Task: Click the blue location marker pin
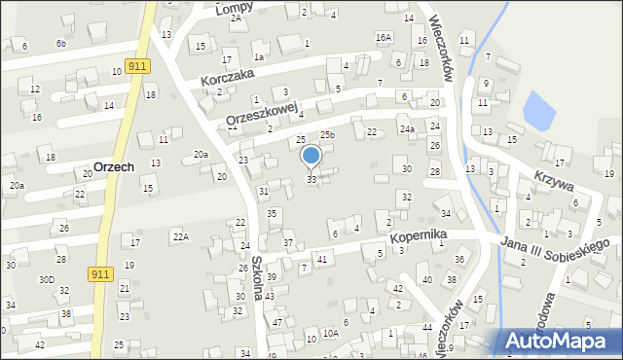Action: pos(311,156)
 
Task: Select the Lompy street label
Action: pos(236,8)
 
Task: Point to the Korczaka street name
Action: pos(227,76)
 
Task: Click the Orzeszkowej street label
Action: pos(260,114)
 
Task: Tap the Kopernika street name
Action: pos(417,236)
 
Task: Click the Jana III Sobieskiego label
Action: pos(555,247)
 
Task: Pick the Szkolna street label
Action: pos(258,277)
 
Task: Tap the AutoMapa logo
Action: pos(562,342)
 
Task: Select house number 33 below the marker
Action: pos(311,180)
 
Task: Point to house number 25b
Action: pos(328,135)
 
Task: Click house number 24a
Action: pos(407,129)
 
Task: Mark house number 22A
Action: pos(180,236)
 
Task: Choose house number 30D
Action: pos(48,279)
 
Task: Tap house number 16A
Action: pos(384,37)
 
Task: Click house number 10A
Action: pos(331,334)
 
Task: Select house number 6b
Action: pos(61,44)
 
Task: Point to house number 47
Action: pos(277,322)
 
